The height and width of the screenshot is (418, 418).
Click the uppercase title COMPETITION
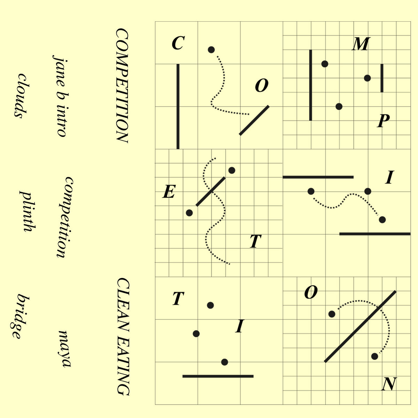(122, 85)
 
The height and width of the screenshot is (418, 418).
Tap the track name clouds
(21, 96)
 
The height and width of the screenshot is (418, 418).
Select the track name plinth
(27, 211)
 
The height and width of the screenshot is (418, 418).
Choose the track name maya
(65, 348)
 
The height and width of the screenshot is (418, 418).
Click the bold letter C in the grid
(178, 44)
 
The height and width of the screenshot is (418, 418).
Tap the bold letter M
(360, 44)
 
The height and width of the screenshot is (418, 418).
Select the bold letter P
(383, 121)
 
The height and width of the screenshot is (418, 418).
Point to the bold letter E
(169, 192)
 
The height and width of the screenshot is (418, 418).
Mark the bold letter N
(389, 385)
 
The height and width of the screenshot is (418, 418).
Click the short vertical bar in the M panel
(382, 78)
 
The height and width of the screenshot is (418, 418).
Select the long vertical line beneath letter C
(178, 106)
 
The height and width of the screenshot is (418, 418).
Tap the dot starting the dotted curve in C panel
(211, 50)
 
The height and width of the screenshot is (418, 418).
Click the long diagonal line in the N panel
(360, 326)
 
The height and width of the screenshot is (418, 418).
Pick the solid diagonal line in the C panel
(254, 120)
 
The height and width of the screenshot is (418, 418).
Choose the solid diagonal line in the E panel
(210, 192)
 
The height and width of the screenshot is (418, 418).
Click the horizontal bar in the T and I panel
(218, 376)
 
